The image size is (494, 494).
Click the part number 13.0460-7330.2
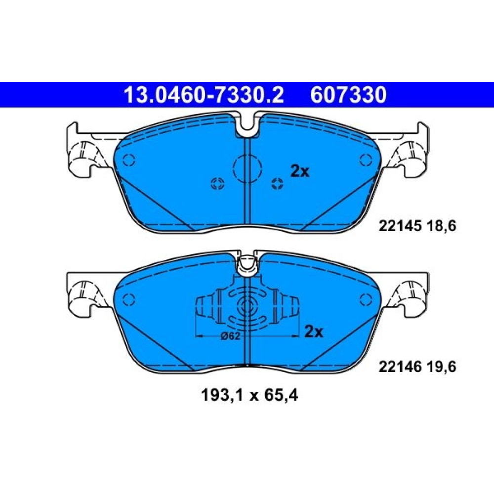point(204,95)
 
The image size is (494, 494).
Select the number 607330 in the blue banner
point(348,95)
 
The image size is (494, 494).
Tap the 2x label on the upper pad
point(300,171)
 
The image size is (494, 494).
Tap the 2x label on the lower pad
point(314,331)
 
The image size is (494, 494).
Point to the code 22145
point(400,226)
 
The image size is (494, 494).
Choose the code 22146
point(400,367)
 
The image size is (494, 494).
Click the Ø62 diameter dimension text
point(230,336)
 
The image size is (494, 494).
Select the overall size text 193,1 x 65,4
point(249,396)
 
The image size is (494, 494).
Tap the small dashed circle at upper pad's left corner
point(129,160)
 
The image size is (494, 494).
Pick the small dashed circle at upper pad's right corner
point(366,160)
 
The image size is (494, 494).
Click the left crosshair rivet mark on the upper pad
point(217,183)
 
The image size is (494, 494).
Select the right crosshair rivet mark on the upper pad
point(277,183)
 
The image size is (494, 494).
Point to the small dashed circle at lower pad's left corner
point(129,299)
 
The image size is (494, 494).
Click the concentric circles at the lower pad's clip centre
point(247,305)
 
